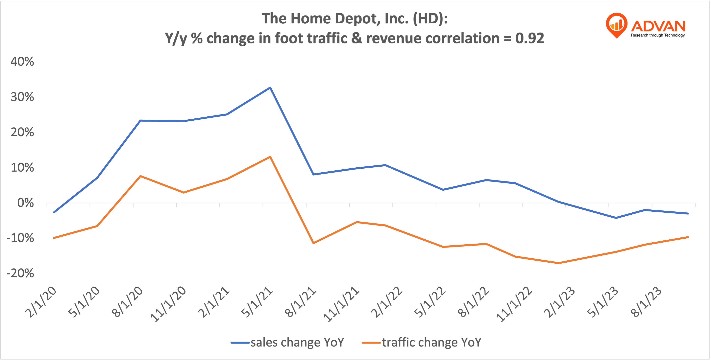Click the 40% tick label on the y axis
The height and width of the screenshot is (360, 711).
point(22,61)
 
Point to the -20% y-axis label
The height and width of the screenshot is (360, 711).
point(20,273)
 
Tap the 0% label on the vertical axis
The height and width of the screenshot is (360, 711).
point(25,203)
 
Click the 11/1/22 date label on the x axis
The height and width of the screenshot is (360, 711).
point(514,304)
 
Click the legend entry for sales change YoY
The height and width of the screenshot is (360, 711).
point(288,342)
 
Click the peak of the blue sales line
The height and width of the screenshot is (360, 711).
point(270,88)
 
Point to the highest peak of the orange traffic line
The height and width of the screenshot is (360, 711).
point(270,157)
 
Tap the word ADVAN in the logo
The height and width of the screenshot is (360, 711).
point(658,26)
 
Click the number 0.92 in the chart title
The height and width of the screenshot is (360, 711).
point(530,38)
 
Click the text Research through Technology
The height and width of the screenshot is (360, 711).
point(657,35)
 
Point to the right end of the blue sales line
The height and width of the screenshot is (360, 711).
point(688,213)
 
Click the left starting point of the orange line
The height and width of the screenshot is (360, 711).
point(54,238)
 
